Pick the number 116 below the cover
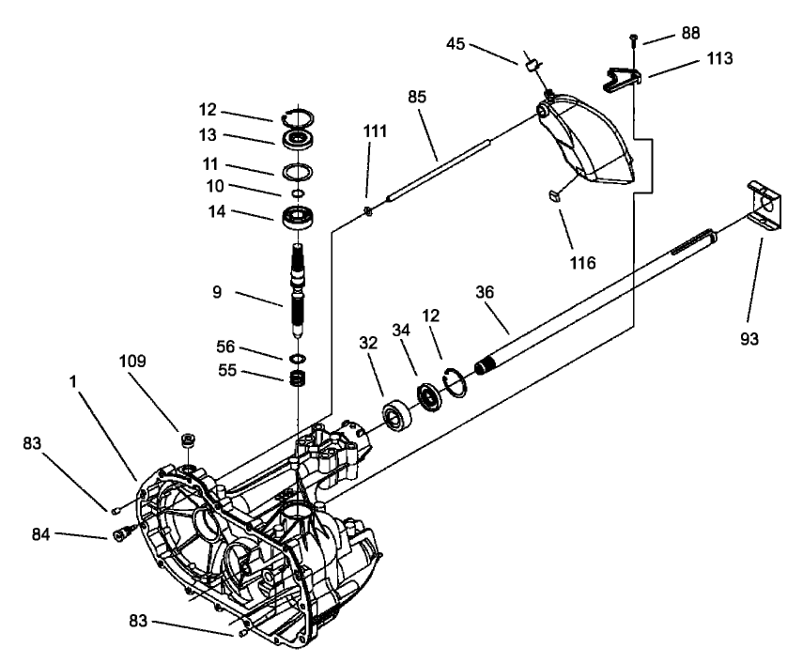coord(582,263)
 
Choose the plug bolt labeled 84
coord(121,535)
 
